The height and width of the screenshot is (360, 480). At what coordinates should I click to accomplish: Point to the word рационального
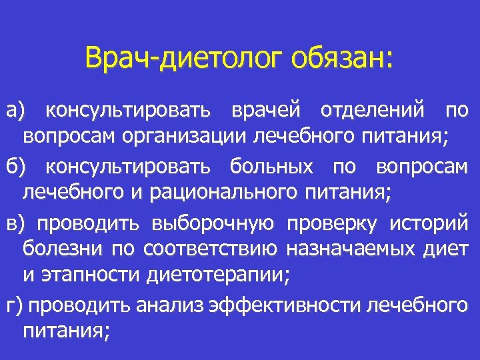(219, 193)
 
